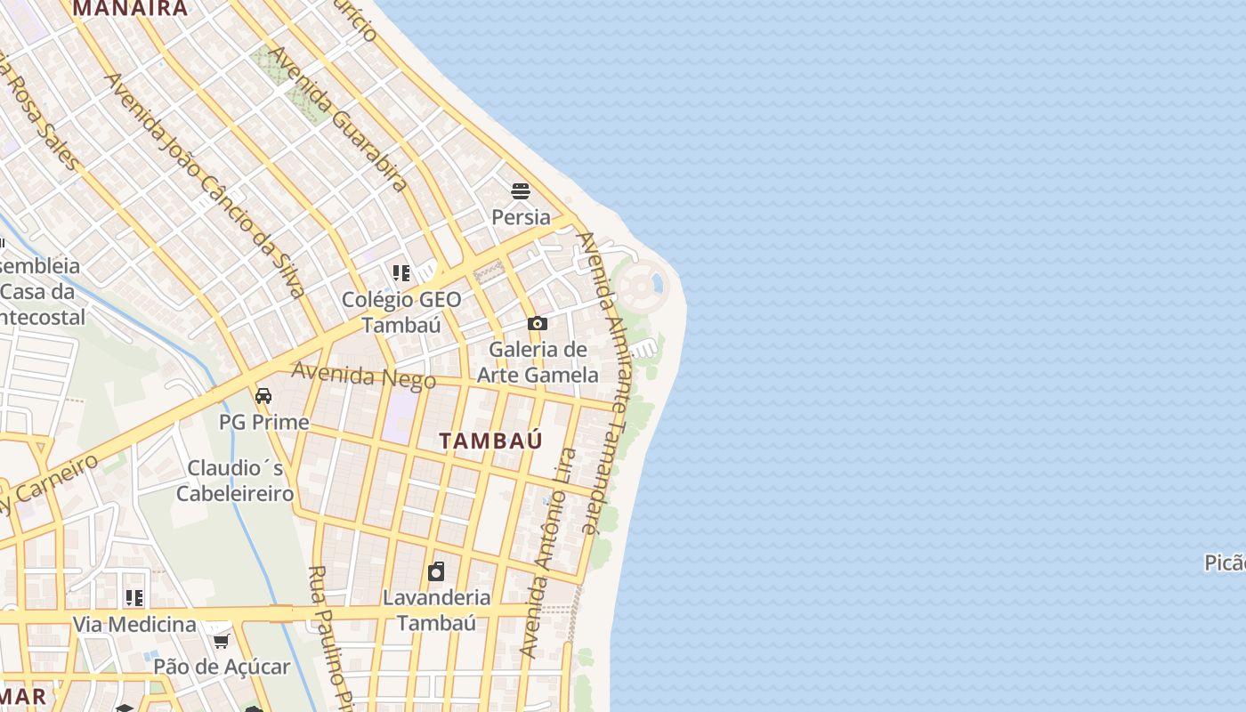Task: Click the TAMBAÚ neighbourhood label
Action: click(x=490, y=441)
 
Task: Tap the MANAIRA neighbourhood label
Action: click(x=130, y=9)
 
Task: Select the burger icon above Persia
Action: click(x=521, y=191)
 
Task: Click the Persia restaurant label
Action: click(x=521, y=217)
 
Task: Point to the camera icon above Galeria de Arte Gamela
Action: click(x=537, y=324)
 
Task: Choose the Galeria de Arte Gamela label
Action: click(x=538, y=362)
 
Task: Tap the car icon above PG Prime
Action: click(x=263, y=396)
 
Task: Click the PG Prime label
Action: click(x=263, y=422)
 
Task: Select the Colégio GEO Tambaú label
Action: click(x=401, y=311)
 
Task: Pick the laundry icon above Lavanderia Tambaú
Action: click(x=436, y=571)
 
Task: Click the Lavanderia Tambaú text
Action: click(x=436, y=610)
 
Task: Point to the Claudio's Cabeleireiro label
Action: click(x=235, y=481)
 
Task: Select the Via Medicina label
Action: click(x=133, y=624)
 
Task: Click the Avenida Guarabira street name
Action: click(x=337, y=117)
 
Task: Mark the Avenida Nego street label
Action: click(x=364, y=376)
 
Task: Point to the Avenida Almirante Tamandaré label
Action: click(x=603, y=383)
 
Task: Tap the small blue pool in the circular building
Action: click(x=658, y=284)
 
